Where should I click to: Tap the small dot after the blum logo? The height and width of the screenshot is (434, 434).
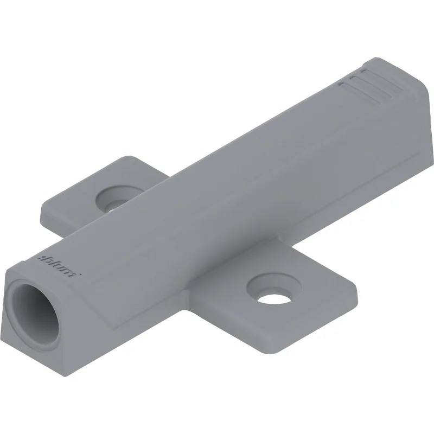(80, 275)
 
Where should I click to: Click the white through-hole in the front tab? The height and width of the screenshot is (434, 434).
(274, 299)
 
